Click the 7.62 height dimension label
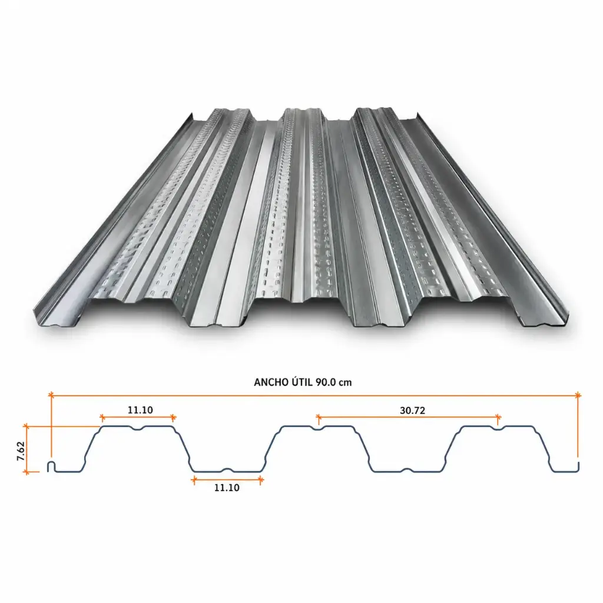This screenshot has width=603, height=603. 21,450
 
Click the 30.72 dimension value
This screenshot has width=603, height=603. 412,410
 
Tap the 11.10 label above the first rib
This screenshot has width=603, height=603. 140,410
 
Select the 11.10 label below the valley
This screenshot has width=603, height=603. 227,488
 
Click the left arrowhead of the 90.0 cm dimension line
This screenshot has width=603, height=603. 51,395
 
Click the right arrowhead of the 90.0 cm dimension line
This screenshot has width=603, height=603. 578,395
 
